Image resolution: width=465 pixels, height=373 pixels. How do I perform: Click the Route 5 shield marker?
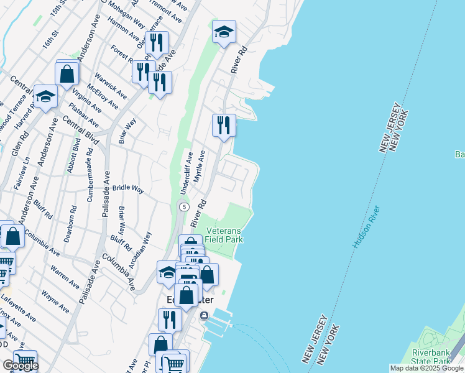183,206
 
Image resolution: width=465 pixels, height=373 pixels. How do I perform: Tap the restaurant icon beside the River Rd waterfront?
224,125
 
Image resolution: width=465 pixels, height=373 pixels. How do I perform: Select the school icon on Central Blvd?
45,96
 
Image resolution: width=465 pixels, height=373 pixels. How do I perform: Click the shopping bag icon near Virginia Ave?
67,73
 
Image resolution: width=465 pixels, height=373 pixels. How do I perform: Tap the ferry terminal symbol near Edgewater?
204,316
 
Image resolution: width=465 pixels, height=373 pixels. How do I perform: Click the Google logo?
20,366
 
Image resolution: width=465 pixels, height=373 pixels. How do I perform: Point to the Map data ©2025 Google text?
426,368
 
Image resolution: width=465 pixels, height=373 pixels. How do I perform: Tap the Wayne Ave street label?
55,300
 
